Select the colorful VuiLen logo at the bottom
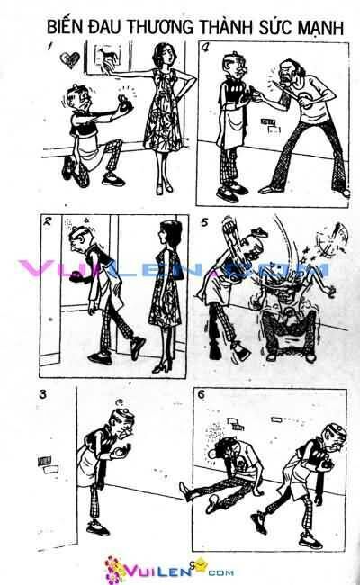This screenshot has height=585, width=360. click(x=179, y=567)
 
